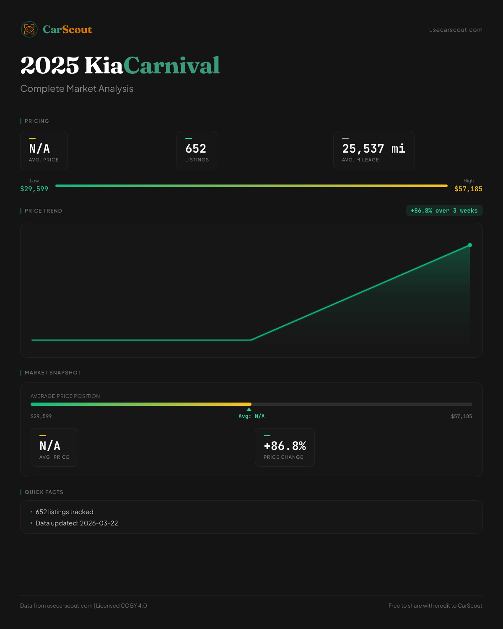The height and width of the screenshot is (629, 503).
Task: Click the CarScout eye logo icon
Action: [29, 29]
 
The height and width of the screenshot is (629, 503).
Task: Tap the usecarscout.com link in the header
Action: [456, 30]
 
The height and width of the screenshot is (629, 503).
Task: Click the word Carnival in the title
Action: [171, 65]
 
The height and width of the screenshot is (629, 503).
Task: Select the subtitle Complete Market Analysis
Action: [77, 89]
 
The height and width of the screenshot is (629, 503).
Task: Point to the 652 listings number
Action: [196, 149]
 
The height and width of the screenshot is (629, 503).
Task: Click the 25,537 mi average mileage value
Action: [373, 149]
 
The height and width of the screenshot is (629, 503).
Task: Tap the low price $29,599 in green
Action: [34, 189]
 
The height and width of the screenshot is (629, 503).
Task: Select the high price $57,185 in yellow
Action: [468, 189]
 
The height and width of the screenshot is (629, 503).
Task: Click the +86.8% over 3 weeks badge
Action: [444, 211]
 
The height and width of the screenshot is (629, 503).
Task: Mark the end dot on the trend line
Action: [470, 245]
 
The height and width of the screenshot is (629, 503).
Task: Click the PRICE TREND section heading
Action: [43, 211]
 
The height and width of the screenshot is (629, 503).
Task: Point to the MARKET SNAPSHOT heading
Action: [52, 373]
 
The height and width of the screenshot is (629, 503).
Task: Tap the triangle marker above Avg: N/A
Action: [249, 409]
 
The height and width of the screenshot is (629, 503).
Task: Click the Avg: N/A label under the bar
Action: [251, 416]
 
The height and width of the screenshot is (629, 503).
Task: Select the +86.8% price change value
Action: [285, 446]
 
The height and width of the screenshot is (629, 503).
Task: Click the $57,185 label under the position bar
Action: [462, 416]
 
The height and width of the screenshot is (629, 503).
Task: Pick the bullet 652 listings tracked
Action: [65, 512]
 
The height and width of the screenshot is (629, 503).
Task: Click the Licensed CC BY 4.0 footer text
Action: [122, 606]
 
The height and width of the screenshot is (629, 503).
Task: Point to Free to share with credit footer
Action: [435, 606]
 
